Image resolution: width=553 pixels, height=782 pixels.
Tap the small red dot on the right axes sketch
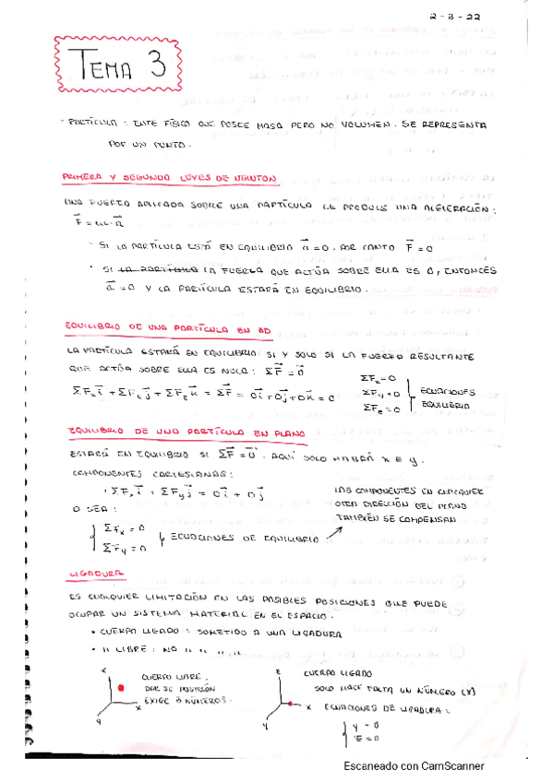pyautogui.click(x=290, y=705)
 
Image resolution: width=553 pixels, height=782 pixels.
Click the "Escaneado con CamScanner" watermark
pyautogui.click(x=413, y=765)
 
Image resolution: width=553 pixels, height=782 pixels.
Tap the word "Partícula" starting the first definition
pyautogui.click(x=93, y=121)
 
